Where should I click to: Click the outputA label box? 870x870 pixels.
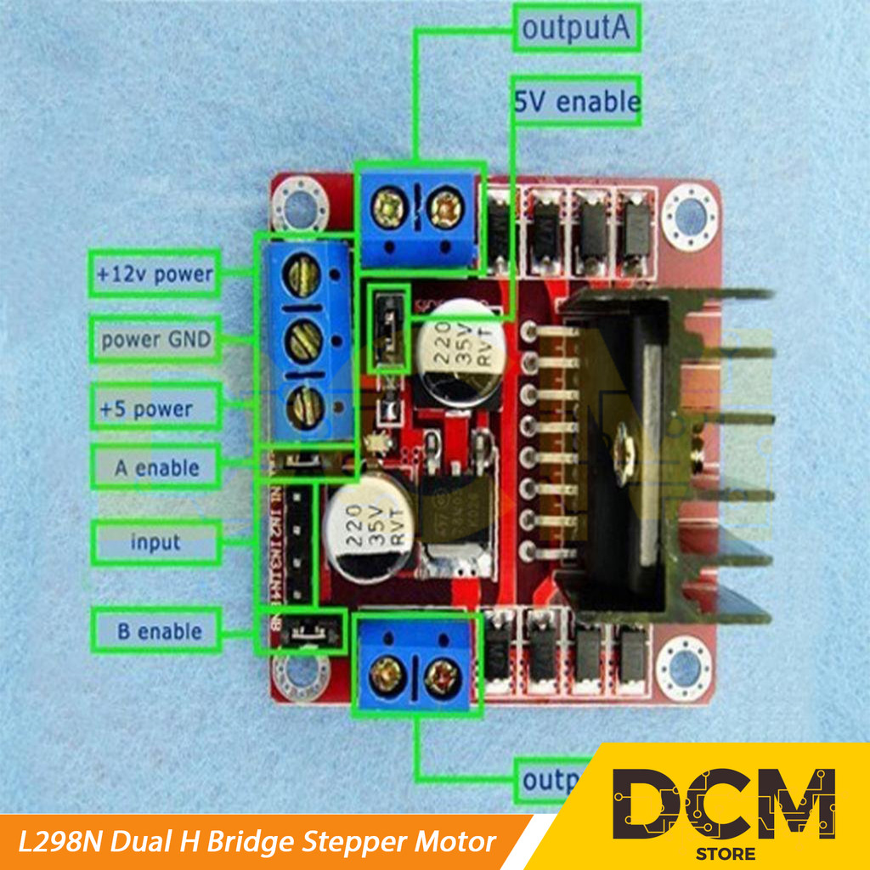[576, 29]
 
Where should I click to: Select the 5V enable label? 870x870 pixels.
[576, 103]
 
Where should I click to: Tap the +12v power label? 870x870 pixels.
[154, 274]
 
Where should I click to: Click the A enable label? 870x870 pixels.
[156, 467]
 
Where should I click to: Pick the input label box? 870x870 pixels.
[155, 542]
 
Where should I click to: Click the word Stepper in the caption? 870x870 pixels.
[351, 843]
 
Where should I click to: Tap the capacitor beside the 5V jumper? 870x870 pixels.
[459, 353]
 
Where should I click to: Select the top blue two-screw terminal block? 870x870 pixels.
[417, 217]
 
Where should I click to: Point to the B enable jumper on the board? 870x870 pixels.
[304, 631]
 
